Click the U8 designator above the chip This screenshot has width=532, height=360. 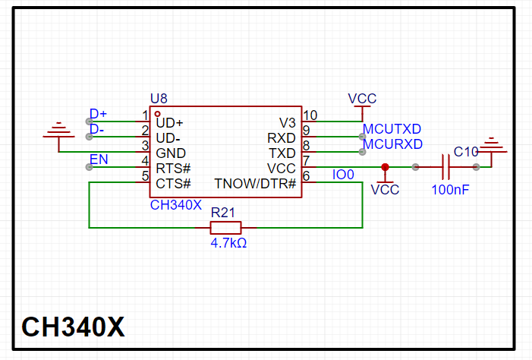[x=159, y=98]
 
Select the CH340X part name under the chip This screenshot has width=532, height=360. [x=175, y=204]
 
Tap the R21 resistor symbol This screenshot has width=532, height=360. [x=225, y=227]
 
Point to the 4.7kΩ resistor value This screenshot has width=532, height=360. [x=228, y=244]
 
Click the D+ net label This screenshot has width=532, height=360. [x=99, y=114]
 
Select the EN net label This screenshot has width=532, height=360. [x=99, y=159]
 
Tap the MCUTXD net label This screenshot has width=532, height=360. [x=392, y=129]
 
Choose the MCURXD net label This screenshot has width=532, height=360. [x=392, y=144]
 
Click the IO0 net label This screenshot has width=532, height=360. [x=344, y=175]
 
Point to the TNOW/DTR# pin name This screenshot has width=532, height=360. [x=255, y=184]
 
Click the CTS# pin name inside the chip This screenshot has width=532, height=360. [x=173, y=184]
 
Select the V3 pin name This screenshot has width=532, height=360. [x=288, y=122]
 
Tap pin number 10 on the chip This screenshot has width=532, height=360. [x=310, y=115]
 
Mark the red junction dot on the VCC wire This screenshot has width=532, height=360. [x=385, y=167]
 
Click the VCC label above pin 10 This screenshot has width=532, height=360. [x=362, y=99]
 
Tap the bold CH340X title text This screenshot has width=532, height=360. [x=73, y=327]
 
